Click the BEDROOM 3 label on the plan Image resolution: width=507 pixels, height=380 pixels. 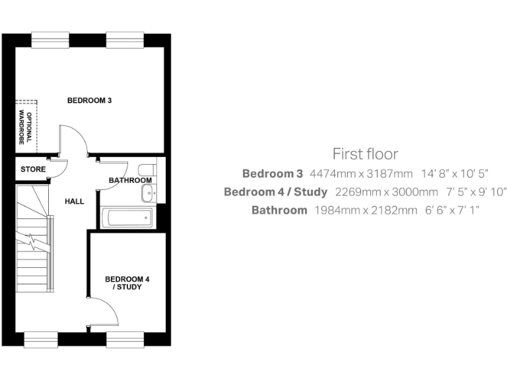pyautogui.click(x=90, y=101)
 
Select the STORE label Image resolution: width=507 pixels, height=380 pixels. pyautogui.click(x=33, y=170)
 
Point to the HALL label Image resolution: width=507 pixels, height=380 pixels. pyautogui.click(x=74, y=201)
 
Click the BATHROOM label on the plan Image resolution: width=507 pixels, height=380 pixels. pyautogui.click(x=130, y=180)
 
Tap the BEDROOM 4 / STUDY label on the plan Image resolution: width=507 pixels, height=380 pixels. pyautogui.click(x=127, y=284)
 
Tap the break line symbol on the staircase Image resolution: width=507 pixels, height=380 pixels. pyautogui.click(x=32, y=245)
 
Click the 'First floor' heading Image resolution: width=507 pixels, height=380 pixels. pyautogui.click(x=365, y=154)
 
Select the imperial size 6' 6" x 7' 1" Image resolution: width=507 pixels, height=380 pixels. pyautogui.click(x=456, y=210)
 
